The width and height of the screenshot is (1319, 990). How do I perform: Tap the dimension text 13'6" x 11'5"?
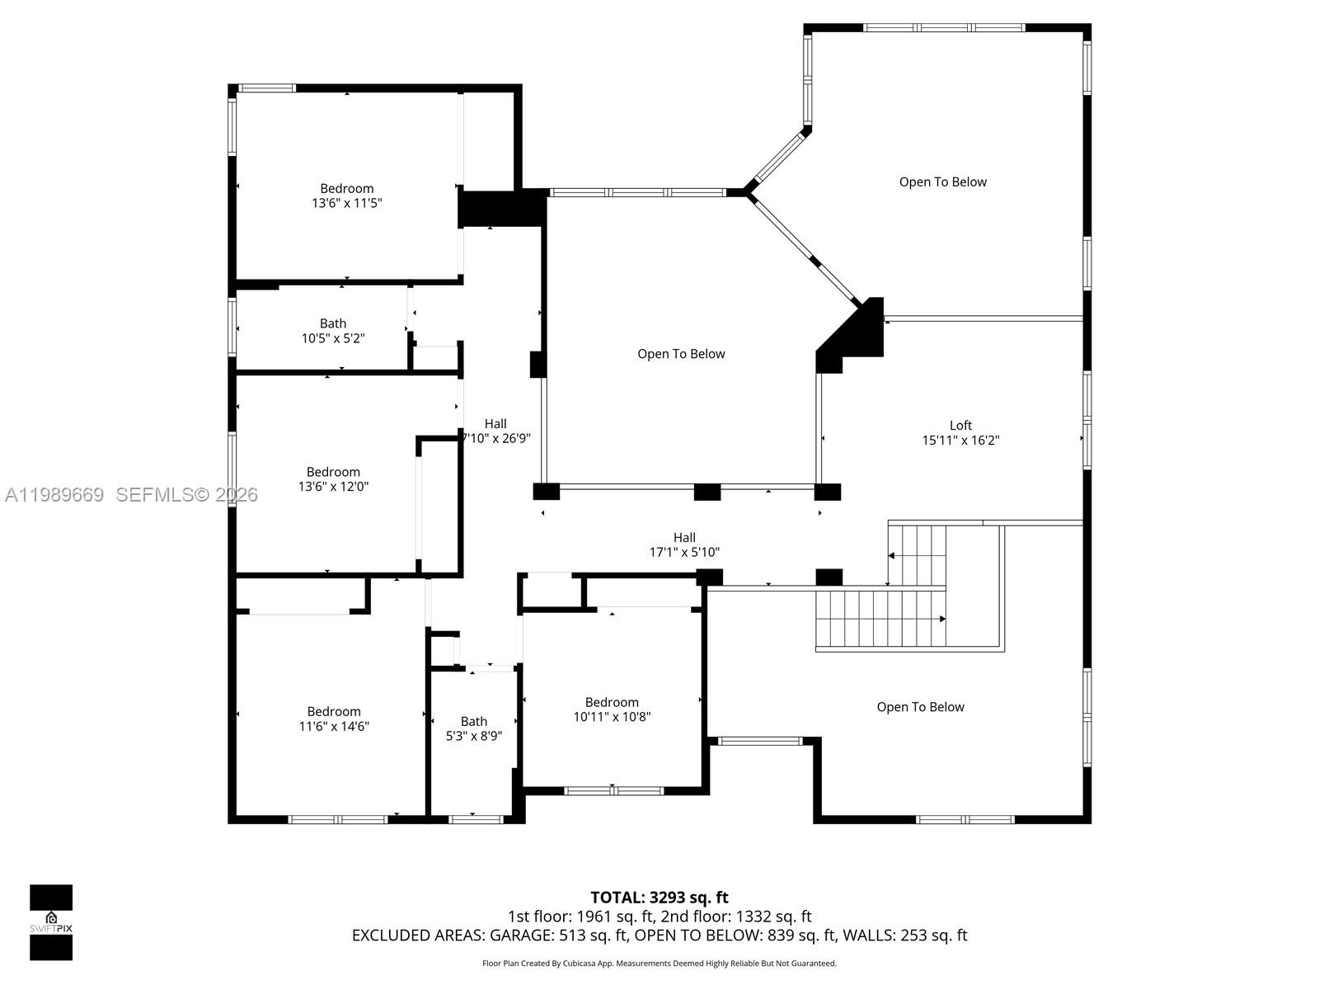[346, 203]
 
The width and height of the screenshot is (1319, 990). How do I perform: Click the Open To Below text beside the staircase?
[920, 707]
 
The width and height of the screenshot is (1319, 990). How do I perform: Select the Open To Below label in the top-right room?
[942, 182]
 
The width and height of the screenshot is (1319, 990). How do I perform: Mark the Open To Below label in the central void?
[681, 354]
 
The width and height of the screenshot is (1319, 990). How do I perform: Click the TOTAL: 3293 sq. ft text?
[659, 898]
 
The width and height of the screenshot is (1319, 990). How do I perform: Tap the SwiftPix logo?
[51, 922]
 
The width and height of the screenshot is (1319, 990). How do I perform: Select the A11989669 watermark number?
[54, 495]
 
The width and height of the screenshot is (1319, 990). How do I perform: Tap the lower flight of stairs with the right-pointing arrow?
[878, 619]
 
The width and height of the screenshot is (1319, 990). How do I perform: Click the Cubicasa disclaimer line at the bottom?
[659, 964]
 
